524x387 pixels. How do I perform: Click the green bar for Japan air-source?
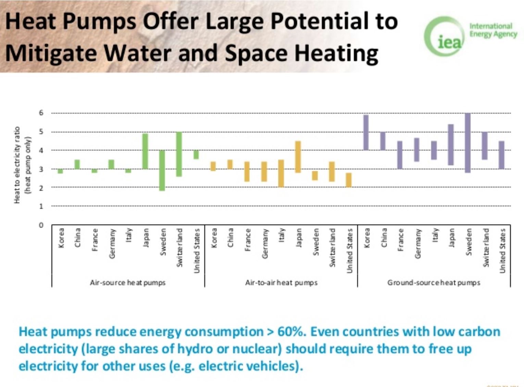(x=145, y=151)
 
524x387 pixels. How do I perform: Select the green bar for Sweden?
(x=162, y=170)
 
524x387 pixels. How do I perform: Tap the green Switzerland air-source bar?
(x=179, y=154)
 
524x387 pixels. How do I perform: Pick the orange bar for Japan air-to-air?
(x=298, y=157)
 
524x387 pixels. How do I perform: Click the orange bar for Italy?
(x=281, y=173)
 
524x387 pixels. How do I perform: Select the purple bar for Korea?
(x=366, y=132)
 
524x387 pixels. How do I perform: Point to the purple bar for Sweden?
(x=467, y=143)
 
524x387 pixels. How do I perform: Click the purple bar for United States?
(x=501, y=155)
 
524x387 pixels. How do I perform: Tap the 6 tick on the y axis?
(x=41, y=113)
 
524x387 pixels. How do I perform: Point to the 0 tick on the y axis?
(x=41, y=225)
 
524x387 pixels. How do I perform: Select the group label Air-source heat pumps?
(x=127, y=283)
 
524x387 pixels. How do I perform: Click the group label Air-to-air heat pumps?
(x=281, y=283)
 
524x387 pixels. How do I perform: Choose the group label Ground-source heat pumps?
(x=434, y=283)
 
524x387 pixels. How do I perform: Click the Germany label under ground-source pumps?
(x=417, y=244)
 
